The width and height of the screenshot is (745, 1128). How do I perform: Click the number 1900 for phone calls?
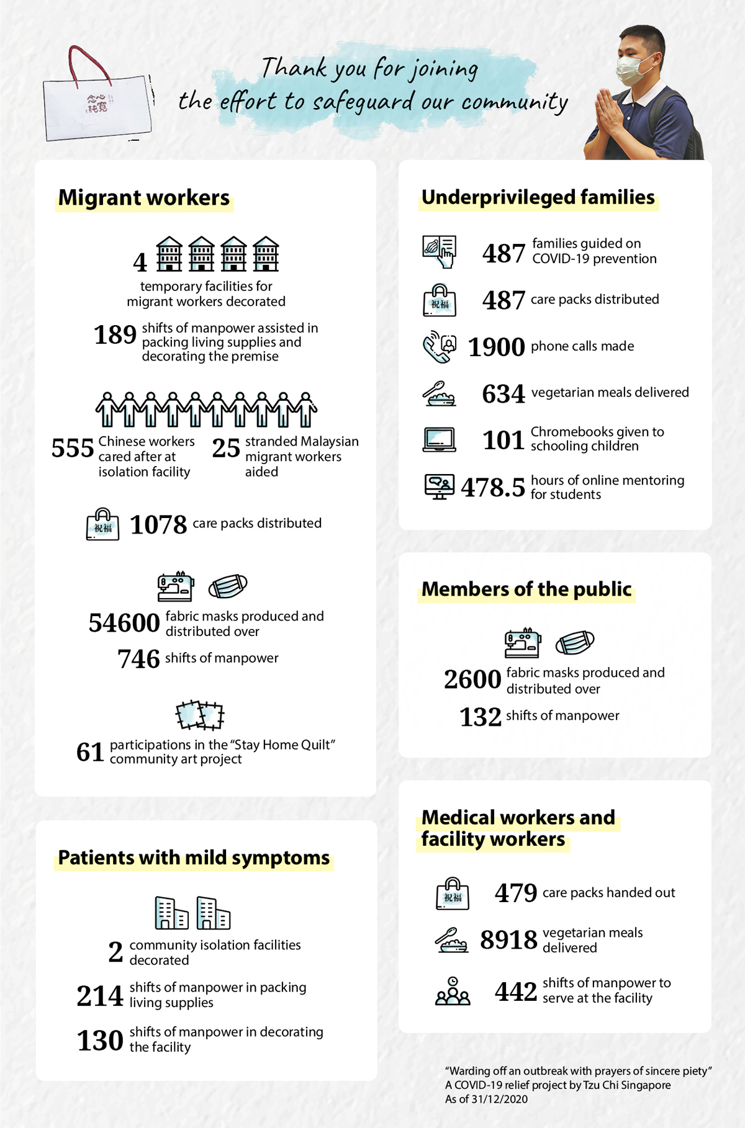tap(496, 347)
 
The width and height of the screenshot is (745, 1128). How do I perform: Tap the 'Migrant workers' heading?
tap(144, 198)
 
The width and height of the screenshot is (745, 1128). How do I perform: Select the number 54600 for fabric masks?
tap(124, 623)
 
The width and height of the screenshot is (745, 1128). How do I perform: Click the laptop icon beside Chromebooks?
tap(439, 440)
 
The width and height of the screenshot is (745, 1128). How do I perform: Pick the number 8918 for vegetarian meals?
tap(508, 940)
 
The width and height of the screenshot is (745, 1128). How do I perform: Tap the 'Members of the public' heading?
tap(526, 589)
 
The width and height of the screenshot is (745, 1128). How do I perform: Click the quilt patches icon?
tap(199, 715)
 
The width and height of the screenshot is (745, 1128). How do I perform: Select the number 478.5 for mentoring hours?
tap(493, 488)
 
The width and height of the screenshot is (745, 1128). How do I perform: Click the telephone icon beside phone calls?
tap(439, 347)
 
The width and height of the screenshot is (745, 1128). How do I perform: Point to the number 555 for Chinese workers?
tap(73, 448)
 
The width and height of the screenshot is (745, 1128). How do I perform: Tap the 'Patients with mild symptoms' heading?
tap(194, 858)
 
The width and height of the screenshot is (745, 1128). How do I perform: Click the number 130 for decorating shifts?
tap(100, 1041)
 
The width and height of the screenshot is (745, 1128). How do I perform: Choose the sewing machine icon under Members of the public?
tap(522, 643)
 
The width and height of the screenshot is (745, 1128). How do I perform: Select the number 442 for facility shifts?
tap(515, 991)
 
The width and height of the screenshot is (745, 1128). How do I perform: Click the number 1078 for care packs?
tap(158, 525)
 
